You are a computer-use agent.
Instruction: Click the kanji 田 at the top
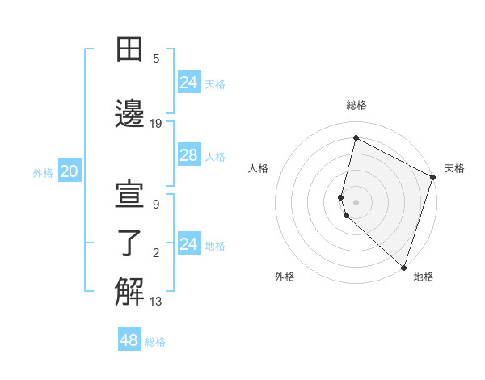[x=130, y=50]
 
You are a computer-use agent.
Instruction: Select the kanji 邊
[x=130, y=112]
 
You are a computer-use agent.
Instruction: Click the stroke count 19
[x=156, y=123]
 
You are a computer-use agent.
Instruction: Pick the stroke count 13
[x=156, y=302]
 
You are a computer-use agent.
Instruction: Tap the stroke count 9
[x=156, y=205]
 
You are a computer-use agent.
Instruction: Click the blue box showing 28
[x=188, y=155]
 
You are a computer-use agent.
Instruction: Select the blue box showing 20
[x=70, y=171]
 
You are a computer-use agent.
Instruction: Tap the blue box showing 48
[x=129, y=340]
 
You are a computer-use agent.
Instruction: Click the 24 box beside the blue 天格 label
[x=188, y=82]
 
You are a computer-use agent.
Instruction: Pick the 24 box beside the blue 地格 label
[x=188, y=244]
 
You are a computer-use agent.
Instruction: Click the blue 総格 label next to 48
[x=155, y=342]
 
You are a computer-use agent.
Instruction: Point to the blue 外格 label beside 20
[x=43, y=173]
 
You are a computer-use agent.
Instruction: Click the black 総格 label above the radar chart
[x=356, y=105]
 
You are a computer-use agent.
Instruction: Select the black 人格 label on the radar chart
[x=258, y=168]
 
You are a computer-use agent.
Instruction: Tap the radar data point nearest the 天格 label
[x=433, y=178]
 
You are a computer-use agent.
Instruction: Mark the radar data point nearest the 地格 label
[x=403, y=268]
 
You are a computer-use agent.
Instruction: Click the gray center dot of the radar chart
[x=356, y=201]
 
